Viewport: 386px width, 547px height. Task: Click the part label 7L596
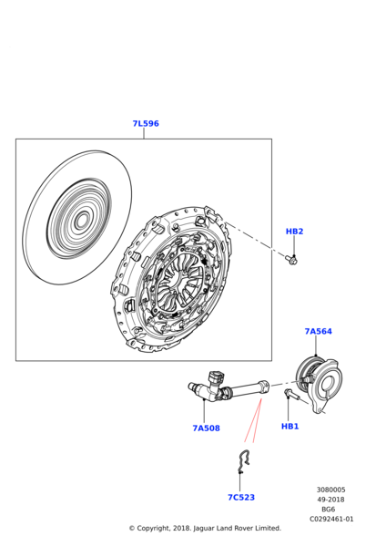click(x=146, y=123)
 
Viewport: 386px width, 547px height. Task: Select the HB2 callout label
click(x=294, y=232)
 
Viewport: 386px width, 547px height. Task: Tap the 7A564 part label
click(x=319, y=331)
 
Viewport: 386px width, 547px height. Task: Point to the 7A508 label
click(x=207, y=428)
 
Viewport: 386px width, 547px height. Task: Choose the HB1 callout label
click(x=289, y=427)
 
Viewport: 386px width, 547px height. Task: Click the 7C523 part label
click(x=241, y=498)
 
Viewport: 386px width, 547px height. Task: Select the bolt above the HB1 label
click(x=292, y=395)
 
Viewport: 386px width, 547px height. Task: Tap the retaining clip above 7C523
click(x=244, y=461)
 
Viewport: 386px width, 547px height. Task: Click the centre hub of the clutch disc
click(x=82, y=221)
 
